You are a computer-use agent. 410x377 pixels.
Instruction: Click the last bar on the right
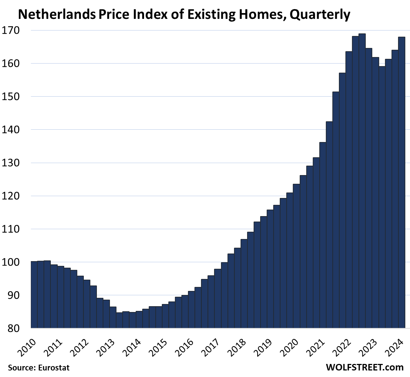(x=402, y=182)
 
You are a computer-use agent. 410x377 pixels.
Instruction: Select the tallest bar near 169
(x=362, y=182)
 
